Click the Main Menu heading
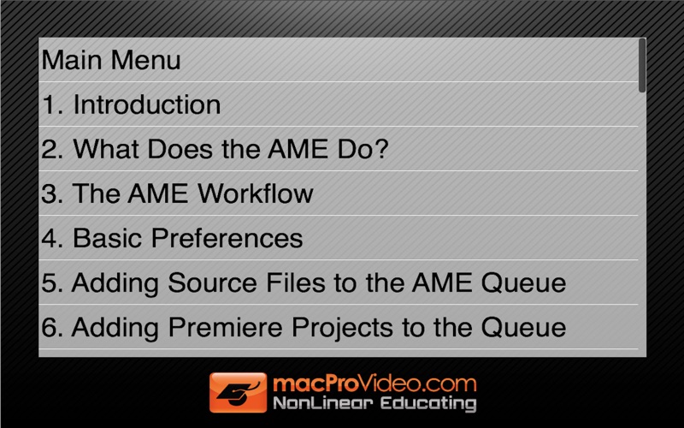(111, 60)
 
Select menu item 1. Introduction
(131, 104)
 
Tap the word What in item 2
(105, 149)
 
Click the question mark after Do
(380, 149)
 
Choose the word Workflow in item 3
(256, 193)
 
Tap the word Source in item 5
(212, 282)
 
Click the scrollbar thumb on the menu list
(642, 66)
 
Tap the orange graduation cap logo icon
(239, 392)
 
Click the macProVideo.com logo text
(374, 383)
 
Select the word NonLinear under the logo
(323, 402)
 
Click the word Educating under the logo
(428, 403)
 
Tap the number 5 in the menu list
(49, 283)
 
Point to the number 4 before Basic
(49, 238)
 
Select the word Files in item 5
(296, 282)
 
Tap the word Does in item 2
(180, 149)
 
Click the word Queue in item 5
(523, 283)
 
